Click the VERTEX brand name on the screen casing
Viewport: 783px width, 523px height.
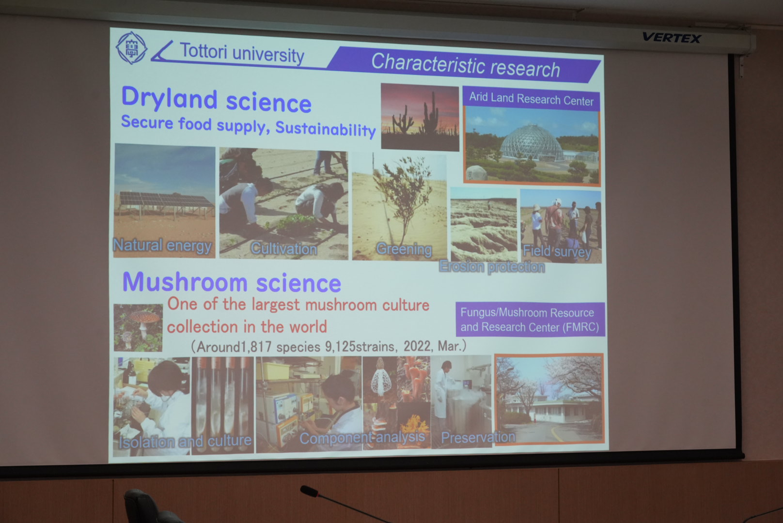(x=672, y=37)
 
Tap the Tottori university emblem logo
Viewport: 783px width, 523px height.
(x=131, y=48)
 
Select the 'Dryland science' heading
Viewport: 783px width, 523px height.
(x=216, y=100)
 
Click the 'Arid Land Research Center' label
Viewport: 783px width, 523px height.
(x=532, y=99)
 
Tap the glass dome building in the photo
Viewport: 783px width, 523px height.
(x=532, y=143)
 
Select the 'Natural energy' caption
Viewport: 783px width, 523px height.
(x=162, y=245)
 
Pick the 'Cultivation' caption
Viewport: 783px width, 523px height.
(x=284, y=249)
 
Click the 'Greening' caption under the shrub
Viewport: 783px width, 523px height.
(x=404, y=249)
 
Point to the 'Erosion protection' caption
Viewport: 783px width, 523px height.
(x=492, y=267)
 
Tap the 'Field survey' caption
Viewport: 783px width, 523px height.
(x=557, y=251)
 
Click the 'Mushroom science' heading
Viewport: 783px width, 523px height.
(x=232, y=282)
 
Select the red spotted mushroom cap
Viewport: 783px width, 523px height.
(x=145, y=316)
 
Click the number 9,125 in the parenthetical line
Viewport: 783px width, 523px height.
(x=340, y=347)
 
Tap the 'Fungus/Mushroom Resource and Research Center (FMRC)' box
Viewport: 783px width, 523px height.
(x=530, y=320)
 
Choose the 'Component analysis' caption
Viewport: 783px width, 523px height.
(x=362, y=437)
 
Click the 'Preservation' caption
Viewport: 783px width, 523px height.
(x=478, y=437)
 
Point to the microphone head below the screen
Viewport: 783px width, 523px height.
(x=309, y=491)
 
